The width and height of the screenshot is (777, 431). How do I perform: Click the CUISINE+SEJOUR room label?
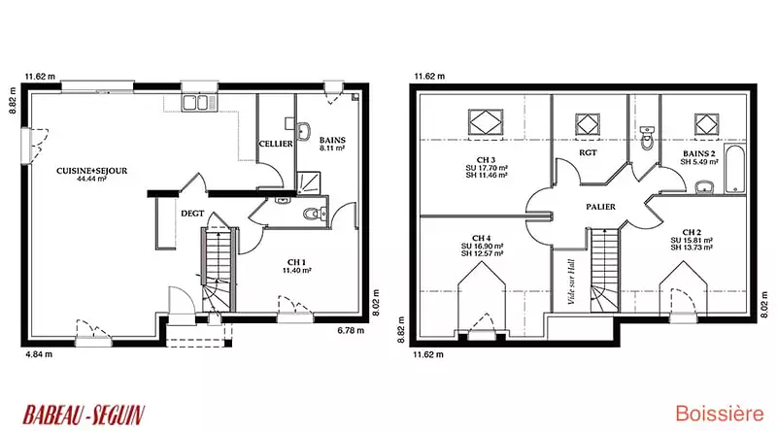click(x=91, y=171)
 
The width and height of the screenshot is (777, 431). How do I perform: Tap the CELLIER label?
click(x=276, y=144)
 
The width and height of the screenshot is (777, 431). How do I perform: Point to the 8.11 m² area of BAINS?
click(x=332, y=149)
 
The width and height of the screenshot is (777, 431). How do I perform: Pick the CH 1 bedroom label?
click(x=296, y=262)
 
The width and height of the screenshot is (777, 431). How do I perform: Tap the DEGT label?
click(x=192, y=214)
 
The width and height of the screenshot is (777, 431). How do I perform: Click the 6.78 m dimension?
click(x=351, y=330)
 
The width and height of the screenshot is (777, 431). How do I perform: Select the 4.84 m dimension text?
click(x=39, y=354)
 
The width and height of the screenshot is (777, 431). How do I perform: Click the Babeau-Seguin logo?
click(x=84, y=415)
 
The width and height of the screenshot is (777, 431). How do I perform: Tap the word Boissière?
click(x=720, y=414)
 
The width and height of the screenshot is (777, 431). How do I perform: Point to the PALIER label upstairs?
click(x=600, y=207)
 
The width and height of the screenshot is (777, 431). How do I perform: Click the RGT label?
click(x=588, y=153)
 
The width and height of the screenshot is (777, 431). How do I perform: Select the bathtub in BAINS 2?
click(x=735, y=169)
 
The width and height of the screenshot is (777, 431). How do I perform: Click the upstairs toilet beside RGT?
click(x=647, y=138)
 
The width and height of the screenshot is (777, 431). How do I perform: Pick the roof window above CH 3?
click(x=486, y=122)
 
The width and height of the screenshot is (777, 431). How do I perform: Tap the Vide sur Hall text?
click(x=571, y=282)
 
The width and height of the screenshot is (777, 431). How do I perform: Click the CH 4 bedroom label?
click(x=482, y=238)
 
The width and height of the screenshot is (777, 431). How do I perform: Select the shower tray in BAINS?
click(x=309, y=182)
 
